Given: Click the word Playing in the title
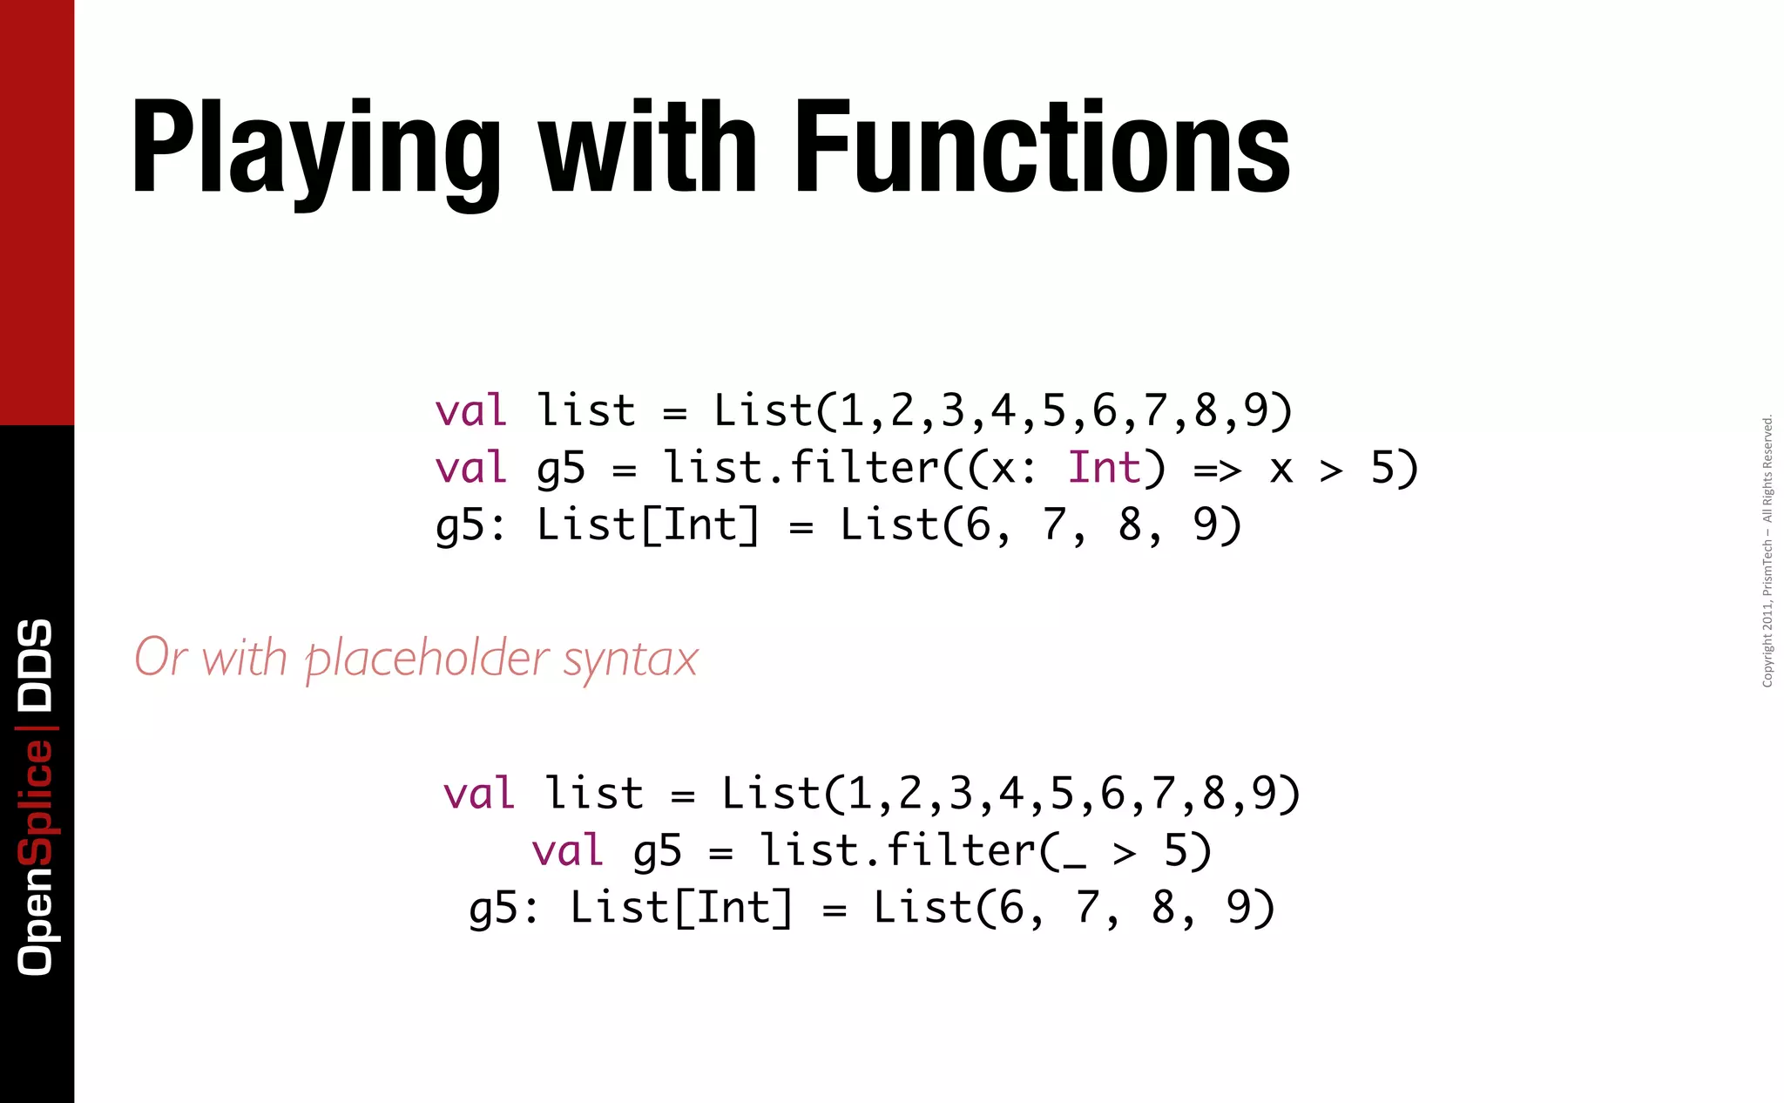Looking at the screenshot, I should [x=315, y=148].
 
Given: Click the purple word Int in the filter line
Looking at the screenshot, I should [x=1104, y=468].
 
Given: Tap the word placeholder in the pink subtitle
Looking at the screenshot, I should [x=427, y=659].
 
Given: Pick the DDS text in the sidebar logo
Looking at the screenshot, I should [x=36, y=664].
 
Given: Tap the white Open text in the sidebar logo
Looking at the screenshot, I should [x=36, y=921].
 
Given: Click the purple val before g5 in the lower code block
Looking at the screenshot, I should [x=567, y=850].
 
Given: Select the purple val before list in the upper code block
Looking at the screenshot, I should [x=470, y=410].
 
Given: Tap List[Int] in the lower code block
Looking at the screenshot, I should [x=681, y=908].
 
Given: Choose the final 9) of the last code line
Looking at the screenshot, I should [x=1250, y=908].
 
